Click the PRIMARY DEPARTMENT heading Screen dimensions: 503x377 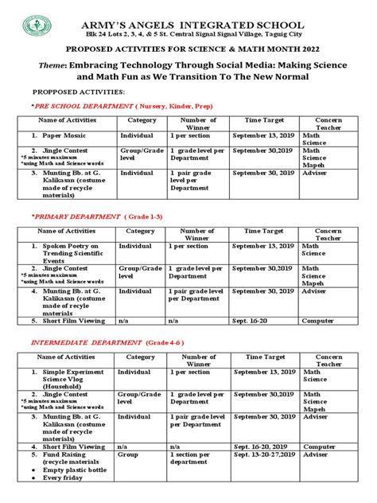point(76,216)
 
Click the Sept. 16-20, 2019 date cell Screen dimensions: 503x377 point(262,446)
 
